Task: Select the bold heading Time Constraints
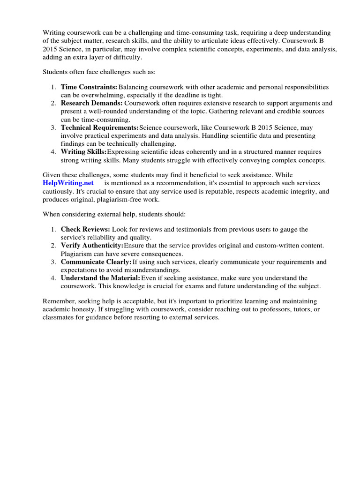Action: pyautogui.click(x=89, y=87)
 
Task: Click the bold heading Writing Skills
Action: pyautogui.click(x=83, y=151)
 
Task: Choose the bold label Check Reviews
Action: pyautogui.click(x=85, y=229)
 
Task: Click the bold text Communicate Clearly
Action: pyautogui.click(x=96, y=262)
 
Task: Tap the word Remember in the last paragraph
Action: pyautogui.click(x=58, y=301)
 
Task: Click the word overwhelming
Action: pyautogui.click(x=104, y=95)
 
